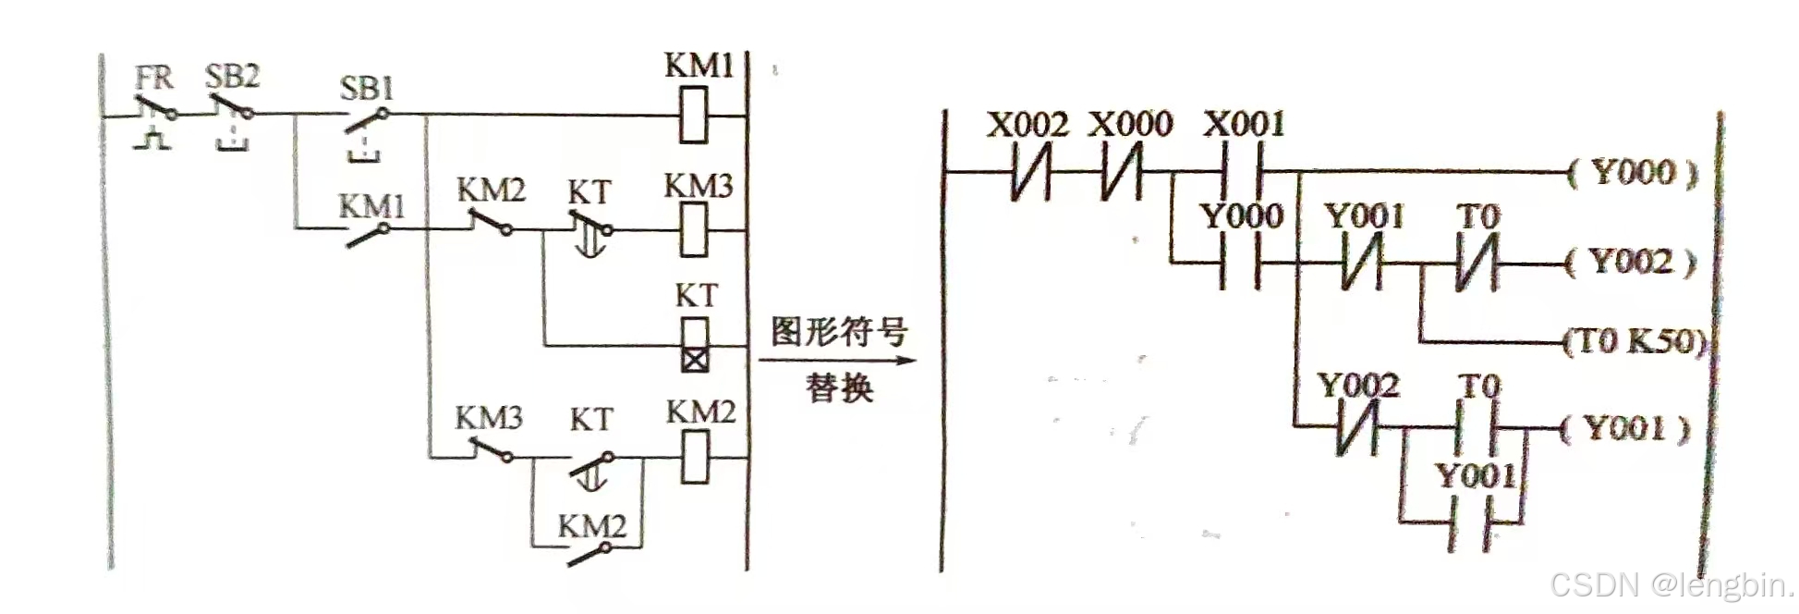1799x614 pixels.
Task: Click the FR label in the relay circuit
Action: coord(153,78)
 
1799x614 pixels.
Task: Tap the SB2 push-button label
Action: coord(232,76)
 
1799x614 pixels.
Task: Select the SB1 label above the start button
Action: coord(367,89)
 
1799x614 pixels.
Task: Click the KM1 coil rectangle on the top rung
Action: coord(694,115)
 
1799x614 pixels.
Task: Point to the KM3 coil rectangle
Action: coord(694,229)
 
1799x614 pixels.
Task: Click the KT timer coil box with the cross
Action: coord(695,345)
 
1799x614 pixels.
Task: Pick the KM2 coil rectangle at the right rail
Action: coord(695,457)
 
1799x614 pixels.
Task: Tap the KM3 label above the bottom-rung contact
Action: coord(488,418)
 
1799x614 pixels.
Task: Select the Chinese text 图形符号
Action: coord(839,331)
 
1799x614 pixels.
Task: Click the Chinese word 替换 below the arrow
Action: coord(839,387)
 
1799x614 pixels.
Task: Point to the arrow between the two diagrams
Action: coord(837,360)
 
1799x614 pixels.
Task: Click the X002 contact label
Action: coord(1027,125)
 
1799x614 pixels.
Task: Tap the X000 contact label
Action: coord(1130,124)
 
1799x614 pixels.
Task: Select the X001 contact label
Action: coord(1244,124)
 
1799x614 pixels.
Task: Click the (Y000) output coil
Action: coord(1634,172)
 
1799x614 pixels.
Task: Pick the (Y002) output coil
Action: coord(1632,262)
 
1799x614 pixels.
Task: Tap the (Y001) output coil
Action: coord(1626,428)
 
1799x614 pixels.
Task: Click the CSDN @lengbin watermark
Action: coord(1671,585)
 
